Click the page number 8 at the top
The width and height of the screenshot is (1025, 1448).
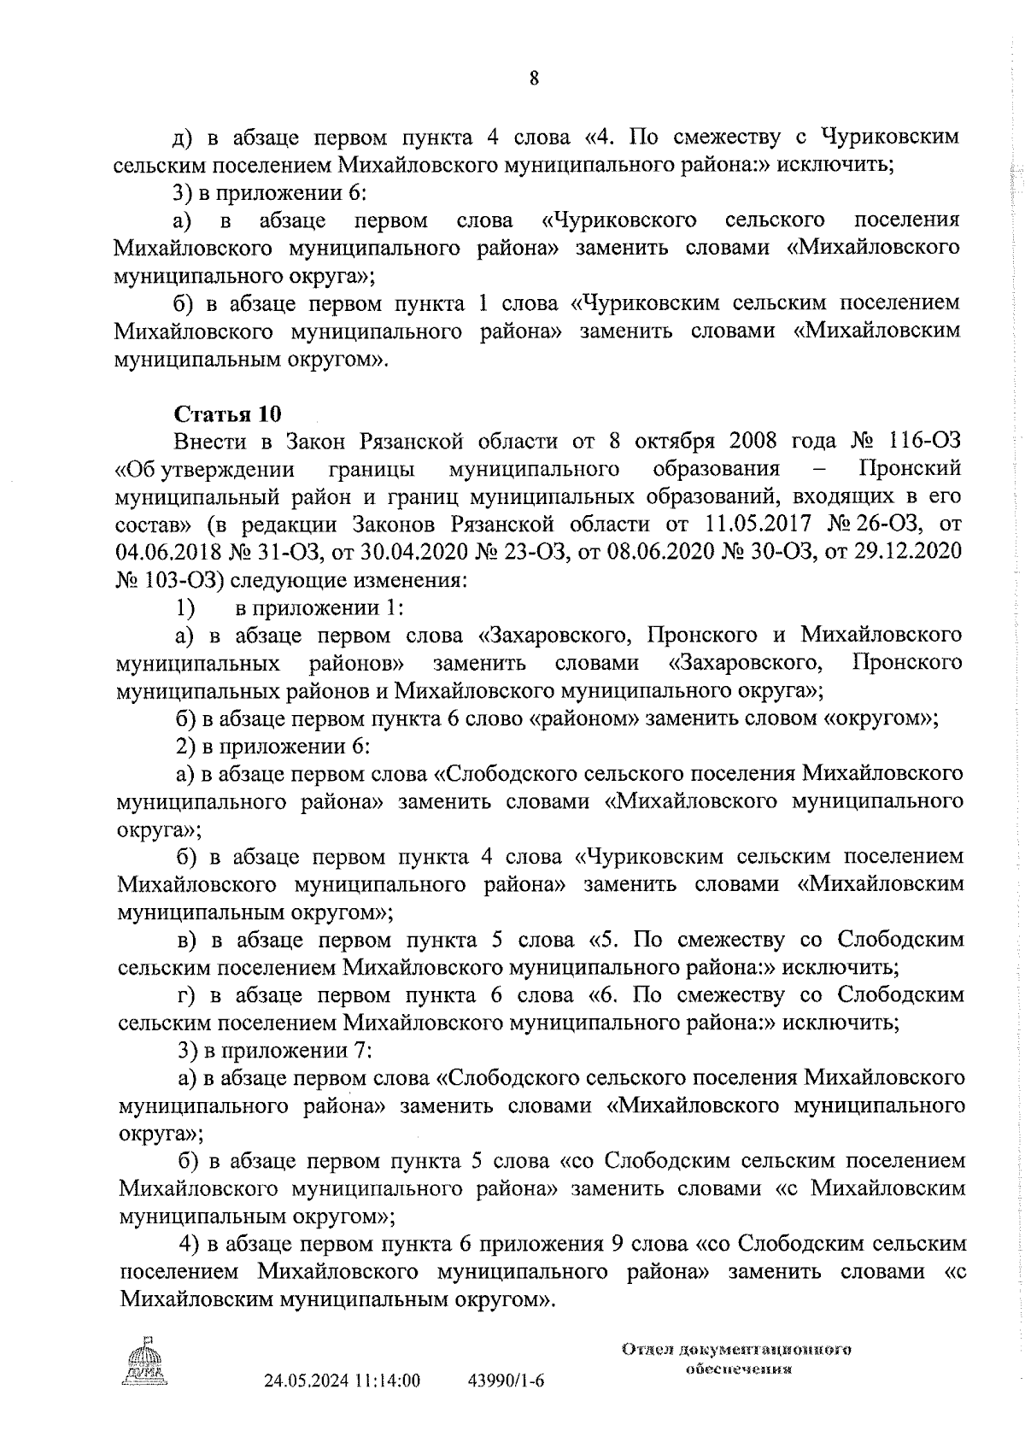click(534, 79)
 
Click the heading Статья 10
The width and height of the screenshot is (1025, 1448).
click(227, 414)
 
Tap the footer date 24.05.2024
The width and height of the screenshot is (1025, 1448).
click(306, 1405)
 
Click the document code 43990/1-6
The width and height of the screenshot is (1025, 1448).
click(507, 1405)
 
